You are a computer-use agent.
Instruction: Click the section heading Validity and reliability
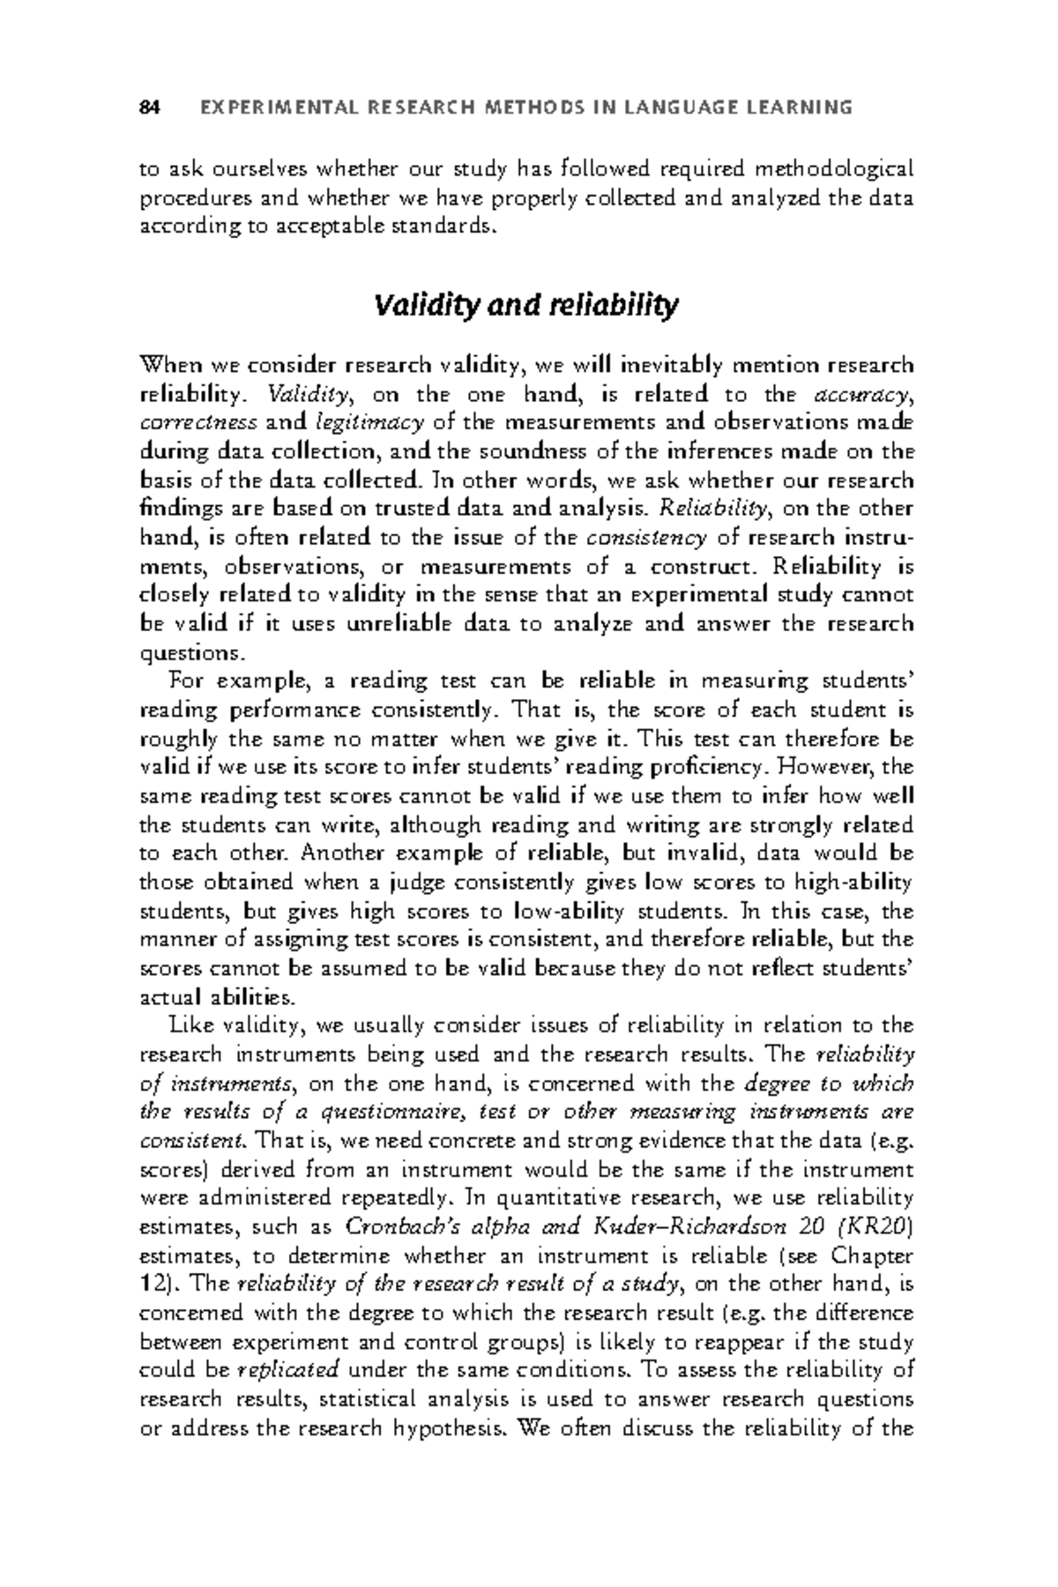526,306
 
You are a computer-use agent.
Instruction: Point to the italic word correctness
198,422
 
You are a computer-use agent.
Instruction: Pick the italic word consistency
645,538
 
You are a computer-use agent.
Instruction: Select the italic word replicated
289,1371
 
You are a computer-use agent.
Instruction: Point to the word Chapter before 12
871,1255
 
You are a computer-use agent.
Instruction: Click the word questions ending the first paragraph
189,654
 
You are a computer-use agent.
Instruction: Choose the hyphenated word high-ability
853,883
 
